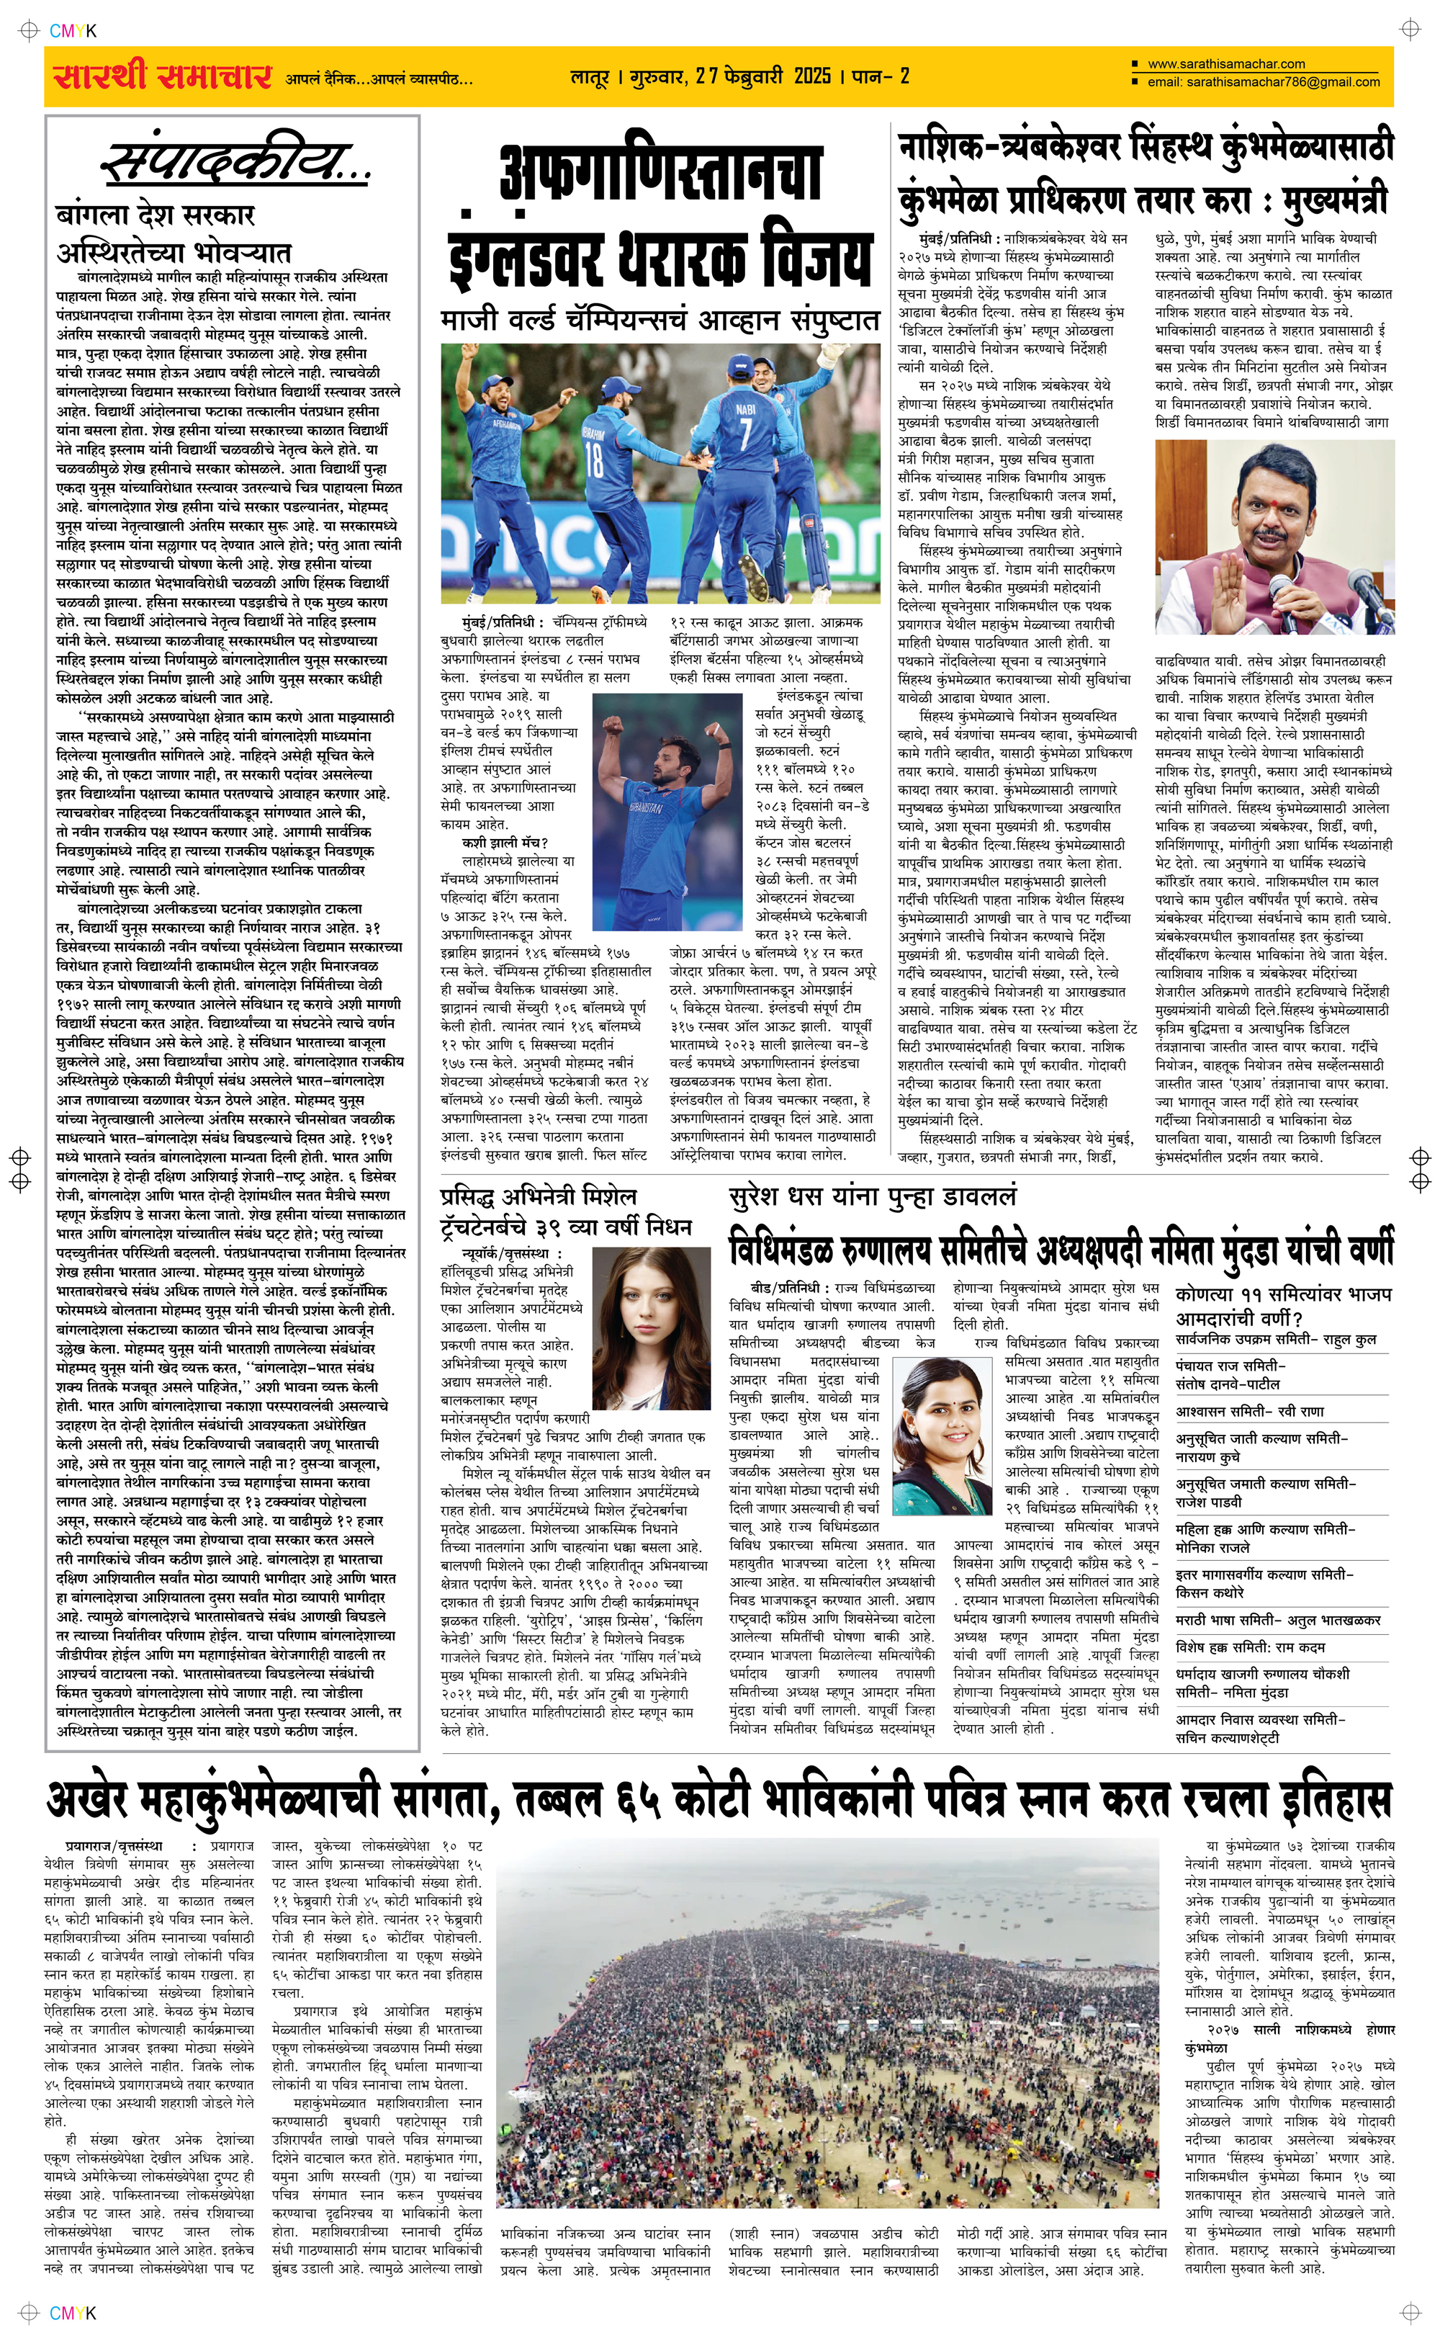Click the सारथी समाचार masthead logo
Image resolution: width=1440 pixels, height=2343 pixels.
[162, 76]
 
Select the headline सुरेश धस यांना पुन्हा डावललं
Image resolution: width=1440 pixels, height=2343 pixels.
[873, 1196]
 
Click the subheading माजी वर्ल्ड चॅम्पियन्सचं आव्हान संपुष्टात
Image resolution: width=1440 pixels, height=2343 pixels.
[659, 321]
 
